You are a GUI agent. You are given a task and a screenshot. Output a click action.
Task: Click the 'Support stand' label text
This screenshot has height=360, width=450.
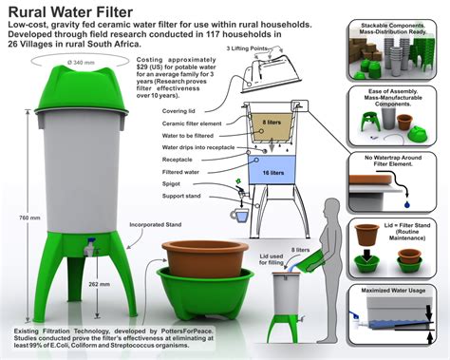pyautogui.click(x=185, y=198)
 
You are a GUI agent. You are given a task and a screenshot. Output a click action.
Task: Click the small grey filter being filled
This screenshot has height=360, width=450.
pyautogui.click(x=288, y=290)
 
